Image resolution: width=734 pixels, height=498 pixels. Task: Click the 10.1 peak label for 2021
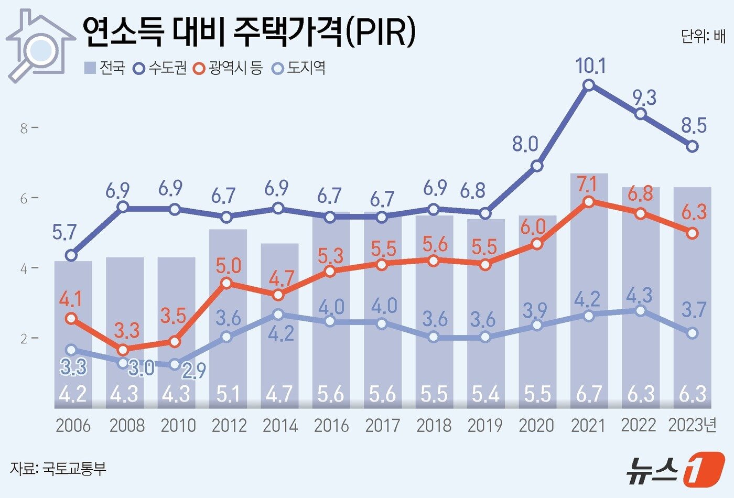tap(590, 66)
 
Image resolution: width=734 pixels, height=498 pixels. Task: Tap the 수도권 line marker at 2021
tap(589, 85)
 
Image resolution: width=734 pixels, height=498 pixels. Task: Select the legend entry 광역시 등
tap(228, 68)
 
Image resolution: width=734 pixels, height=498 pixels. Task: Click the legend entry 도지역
tap(299, 68)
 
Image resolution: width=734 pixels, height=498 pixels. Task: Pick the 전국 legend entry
tap(104, 68)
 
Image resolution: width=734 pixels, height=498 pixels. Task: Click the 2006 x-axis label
tap(73, 426)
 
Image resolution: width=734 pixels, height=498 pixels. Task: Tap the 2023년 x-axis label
tap(692, 425)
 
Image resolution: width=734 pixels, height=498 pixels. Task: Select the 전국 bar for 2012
tap(228, 315)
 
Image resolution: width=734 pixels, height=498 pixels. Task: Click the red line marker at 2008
tap(123, 350)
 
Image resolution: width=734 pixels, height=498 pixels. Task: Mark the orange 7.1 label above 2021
tap(587, 185)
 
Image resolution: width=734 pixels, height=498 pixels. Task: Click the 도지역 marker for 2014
tap(278, 315)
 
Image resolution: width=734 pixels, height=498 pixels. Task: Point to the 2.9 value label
tap(193, 370)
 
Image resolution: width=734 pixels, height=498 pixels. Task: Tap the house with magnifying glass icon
tap(40, 45)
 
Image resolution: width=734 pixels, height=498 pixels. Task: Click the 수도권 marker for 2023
tap(692, 146)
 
